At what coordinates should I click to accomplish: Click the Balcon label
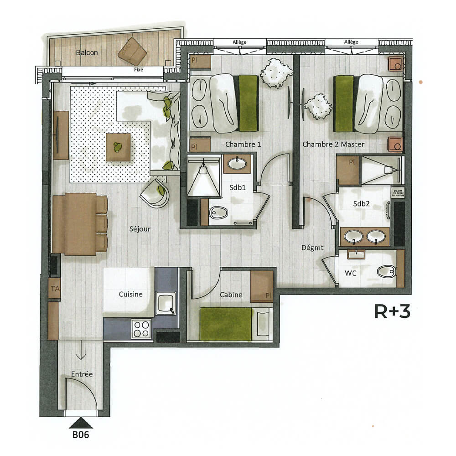87,53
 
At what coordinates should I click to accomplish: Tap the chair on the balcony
132,51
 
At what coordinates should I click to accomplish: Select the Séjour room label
140,229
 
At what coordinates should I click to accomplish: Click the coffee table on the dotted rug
118,147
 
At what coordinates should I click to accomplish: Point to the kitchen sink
166,303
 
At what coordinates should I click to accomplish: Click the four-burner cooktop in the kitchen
141,328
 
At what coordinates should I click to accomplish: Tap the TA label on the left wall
55,288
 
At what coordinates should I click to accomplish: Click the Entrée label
82,374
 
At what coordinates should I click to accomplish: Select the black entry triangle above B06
81,423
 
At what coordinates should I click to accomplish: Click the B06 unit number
80,435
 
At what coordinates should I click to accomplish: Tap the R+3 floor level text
392,311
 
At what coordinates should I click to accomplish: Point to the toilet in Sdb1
219,212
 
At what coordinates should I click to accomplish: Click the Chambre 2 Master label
333,144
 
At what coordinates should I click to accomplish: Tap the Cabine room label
231,295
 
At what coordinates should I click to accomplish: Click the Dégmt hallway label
312,248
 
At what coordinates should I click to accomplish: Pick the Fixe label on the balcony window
139,70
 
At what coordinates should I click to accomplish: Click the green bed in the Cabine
226,324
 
